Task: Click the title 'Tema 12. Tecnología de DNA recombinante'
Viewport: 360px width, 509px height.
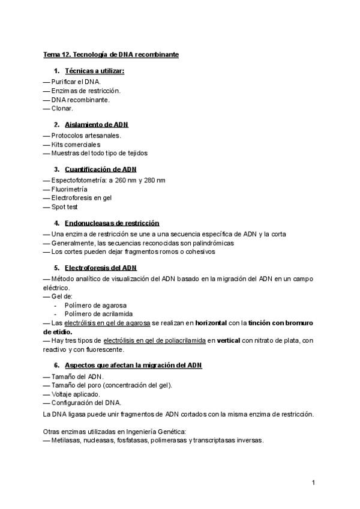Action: (x=110, y=55)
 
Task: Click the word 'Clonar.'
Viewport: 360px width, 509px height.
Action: (x=62, y=109)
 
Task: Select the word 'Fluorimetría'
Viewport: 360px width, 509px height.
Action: (x=69, y=189)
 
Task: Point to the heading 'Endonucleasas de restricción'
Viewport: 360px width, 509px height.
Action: (x=112, y=223)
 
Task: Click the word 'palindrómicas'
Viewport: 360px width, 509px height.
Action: (x=214, y=243)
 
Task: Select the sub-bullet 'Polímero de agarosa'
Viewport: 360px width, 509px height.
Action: (x=95, y=305)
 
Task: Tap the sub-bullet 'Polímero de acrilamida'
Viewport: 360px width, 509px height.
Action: (x=98, y=313)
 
